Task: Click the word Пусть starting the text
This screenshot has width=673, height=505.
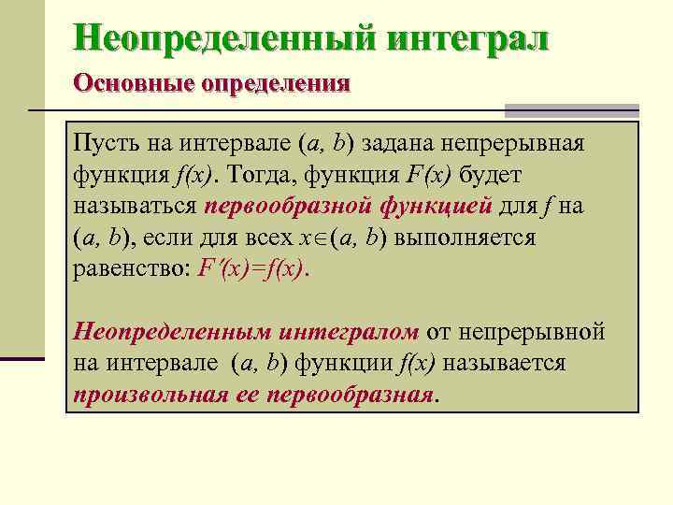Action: pos(103,144)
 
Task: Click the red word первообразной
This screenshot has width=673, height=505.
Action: pos(290,206)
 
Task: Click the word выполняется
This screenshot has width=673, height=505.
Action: pos(465,237)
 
